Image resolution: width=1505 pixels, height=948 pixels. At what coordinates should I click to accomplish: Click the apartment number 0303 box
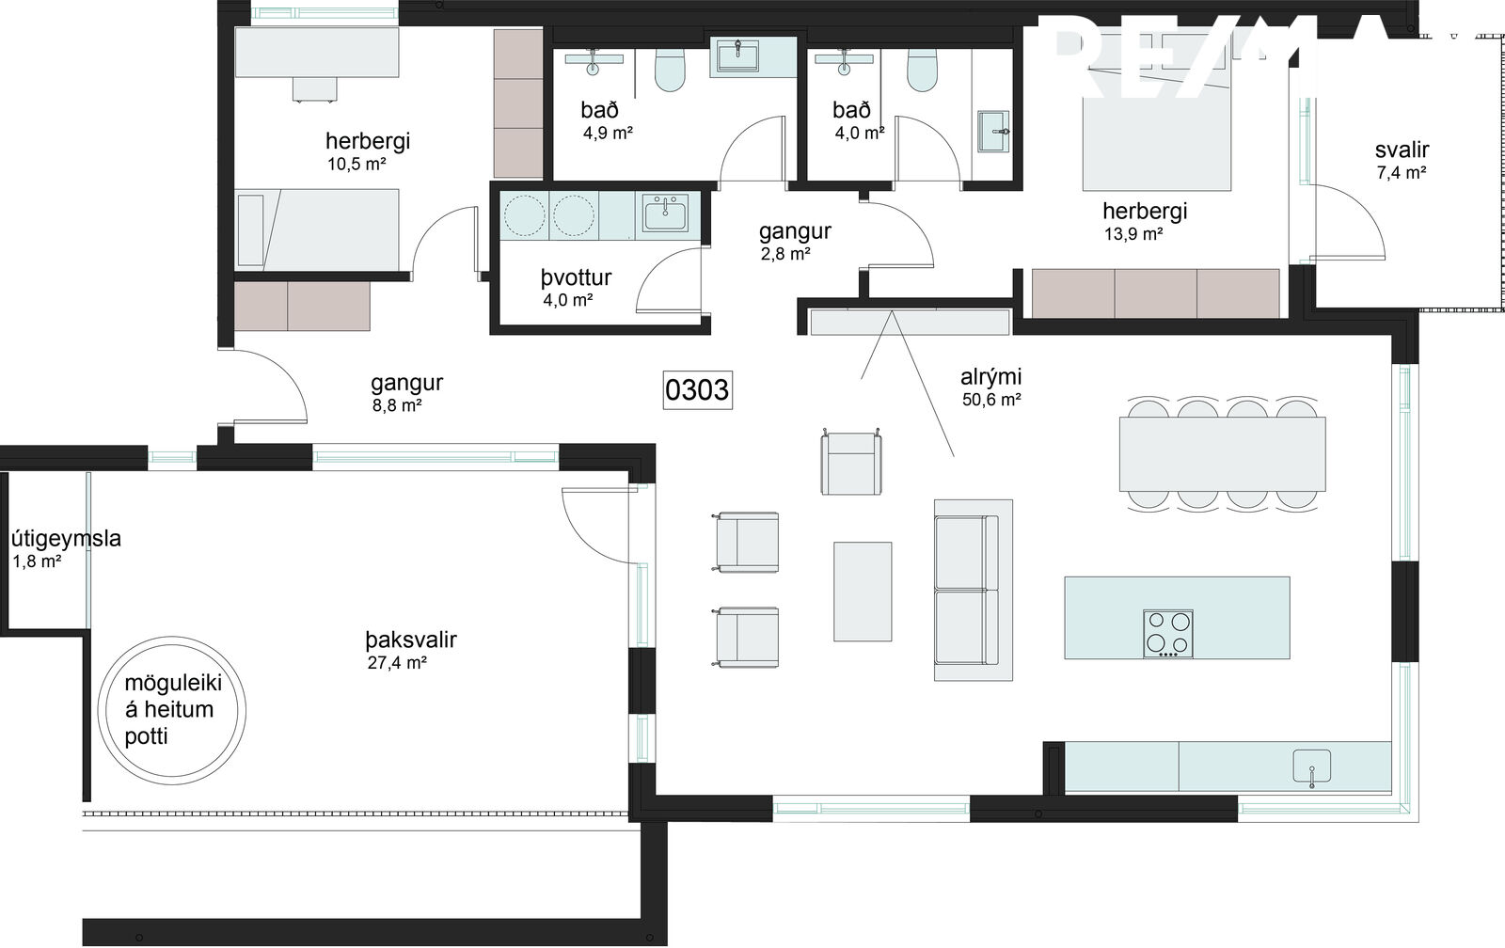697,389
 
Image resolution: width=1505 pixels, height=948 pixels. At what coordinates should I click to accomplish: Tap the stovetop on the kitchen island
1168,634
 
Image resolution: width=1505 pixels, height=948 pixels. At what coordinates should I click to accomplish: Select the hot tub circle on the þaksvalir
172,710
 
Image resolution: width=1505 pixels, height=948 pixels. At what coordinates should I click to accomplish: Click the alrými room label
991,377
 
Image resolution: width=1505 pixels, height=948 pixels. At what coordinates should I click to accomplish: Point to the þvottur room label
576,277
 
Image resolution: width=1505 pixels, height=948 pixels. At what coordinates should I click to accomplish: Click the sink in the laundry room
665,213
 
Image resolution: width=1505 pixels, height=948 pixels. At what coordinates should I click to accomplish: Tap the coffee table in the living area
863,592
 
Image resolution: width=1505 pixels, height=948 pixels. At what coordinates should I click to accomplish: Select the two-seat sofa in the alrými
973,590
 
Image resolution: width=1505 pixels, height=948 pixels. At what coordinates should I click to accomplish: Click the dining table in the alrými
1222,454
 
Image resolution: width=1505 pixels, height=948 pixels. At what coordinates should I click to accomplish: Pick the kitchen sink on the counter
1311,766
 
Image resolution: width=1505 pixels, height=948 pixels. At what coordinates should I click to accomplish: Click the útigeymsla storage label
66,538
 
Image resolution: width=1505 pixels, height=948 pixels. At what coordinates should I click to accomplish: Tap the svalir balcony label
1402,150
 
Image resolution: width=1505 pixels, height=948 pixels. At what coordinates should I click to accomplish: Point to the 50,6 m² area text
991,400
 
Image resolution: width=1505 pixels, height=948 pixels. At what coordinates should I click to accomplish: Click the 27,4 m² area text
397,663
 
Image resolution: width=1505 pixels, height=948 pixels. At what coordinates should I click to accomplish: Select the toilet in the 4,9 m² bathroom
670,71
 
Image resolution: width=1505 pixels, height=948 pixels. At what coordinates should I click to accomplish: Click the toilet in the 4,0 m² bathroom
922,71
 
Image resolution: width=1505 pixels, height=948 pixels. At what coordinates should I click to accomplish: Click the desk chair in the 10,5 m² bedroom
314,89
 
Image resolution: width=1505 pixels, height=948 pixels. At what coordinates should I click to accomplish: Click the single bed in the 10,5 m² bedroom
317,229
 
